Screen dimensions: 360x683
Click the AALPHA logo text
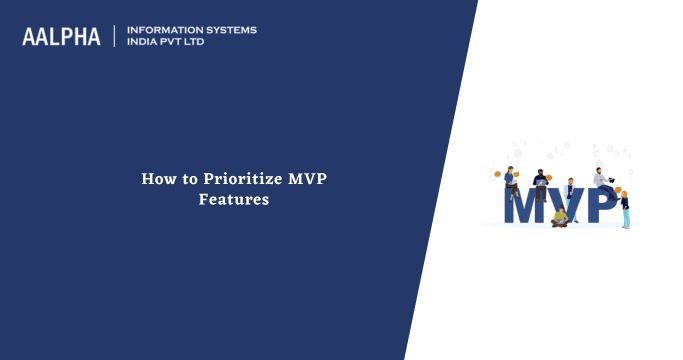62,37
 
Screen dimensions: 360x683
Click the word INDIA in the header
145,43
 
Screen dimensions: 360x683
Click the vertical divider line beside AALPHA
115,36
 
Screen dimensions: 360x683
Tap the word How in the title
156,180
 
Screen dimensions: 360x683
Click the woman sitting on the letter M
510,180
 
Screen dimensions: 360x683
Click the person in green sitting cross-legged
560,216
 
